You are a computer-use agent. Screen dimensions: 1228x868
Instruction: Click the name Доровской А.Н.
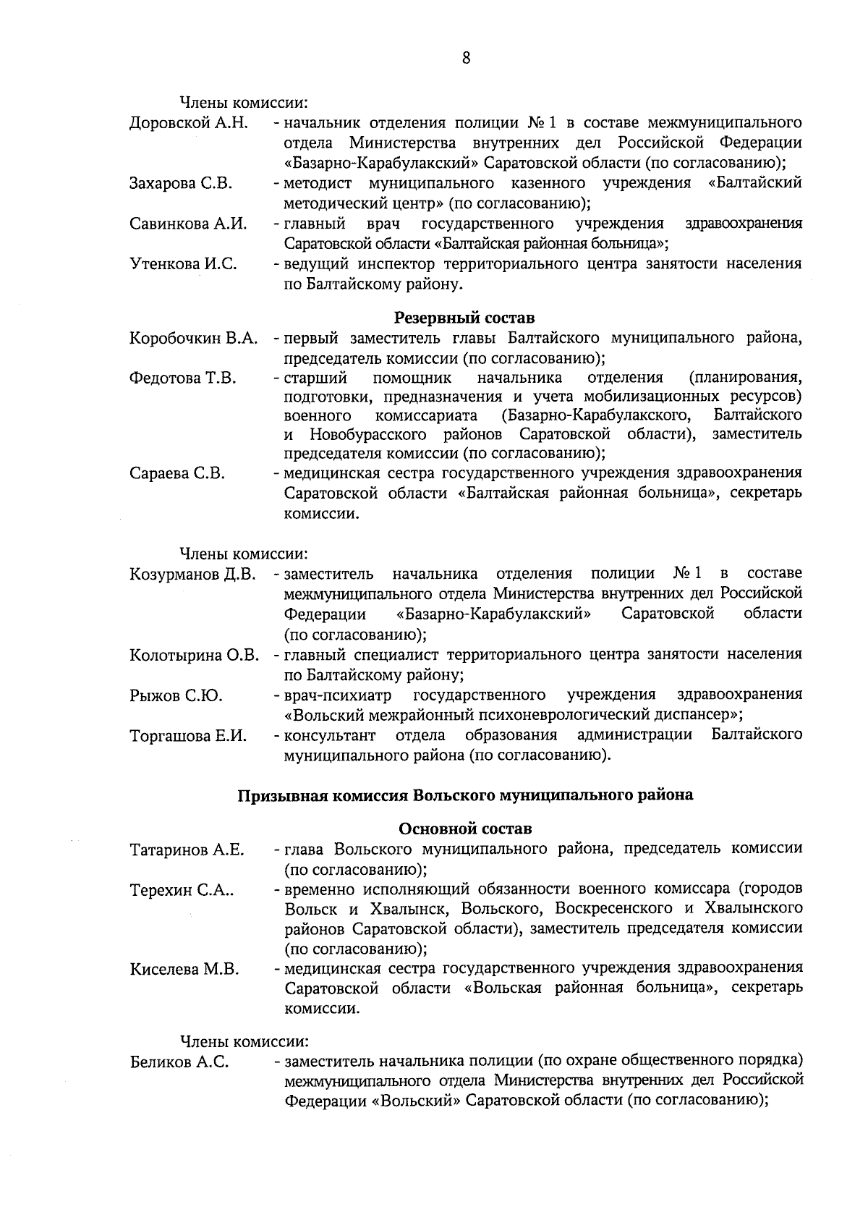[x=190, y=123]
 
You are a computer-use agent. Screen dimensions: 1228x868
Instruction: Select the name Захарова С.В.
[x=181, y=184]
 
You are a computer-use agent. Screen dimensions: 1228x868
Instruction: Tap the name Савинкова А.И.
[x=188, y=224]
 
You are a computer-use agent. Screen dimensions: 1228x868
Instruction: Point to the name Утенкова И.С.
[x=183, y=265]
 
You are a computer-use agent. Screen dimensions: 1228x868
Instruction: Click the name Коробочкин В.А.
[x=194, y=339]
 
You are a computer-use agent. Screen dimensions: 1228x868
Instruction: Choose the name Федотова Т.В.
[x=183, y=378]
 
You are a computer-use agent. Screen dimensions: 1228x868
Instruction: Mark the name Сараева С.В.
[x=177, y=475]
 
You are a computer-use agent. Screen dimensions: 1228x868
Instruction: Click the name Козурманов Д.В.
[x=193, y=575]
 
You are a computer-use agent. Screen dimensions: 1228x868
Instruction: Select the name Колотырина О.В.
[x=195, y=656]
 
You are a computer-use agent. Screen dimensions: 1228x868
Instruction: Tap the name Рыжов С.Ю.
[x=176, y=697]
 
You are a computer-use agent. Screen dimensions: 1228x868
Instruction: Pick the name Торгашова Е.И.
[x=188, y=737]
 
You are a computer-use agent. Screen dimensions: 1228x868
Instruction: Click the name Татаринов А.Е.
[x=187, y=850]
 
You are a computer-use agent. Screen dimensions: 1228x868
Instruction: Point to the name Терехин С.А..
[x=182, y=890]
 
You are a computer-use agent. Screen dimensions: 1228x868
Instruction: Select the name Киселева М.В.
[x=184, y=970]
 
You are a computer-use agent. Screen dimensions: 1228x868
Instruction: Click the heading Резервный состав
[x=465, y=318]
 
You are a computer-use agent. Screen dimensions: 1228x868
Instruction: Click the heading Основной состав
[x=465, y=828]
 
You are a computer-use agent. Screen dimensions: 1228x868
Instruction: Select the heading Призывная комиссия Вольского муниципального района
[x=465, y=795]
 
